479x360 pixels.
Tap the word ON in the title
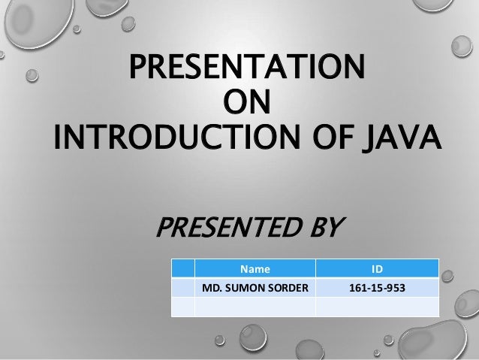pyautogui.click(x=249, y=103)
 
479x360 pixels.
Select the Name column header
pyautogui.click(x=255, y=267)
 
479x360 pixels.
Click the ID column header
pyautogui.click(x=376, y=267)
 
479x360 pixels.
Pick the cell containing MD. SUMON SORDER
pyautogui.click(x=255, y=286)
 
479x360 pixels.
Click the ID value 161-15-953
pyautogui.click(x=376, y=286)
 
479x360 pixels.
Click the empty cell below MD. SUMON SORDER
pyautogui.click(x=255, y=306)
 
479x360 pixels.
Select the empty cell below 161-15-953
pyautogui.click(x=376, y=306)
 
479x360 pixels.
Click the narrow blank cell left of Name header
pyautogui.click(x=183, y=267)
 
